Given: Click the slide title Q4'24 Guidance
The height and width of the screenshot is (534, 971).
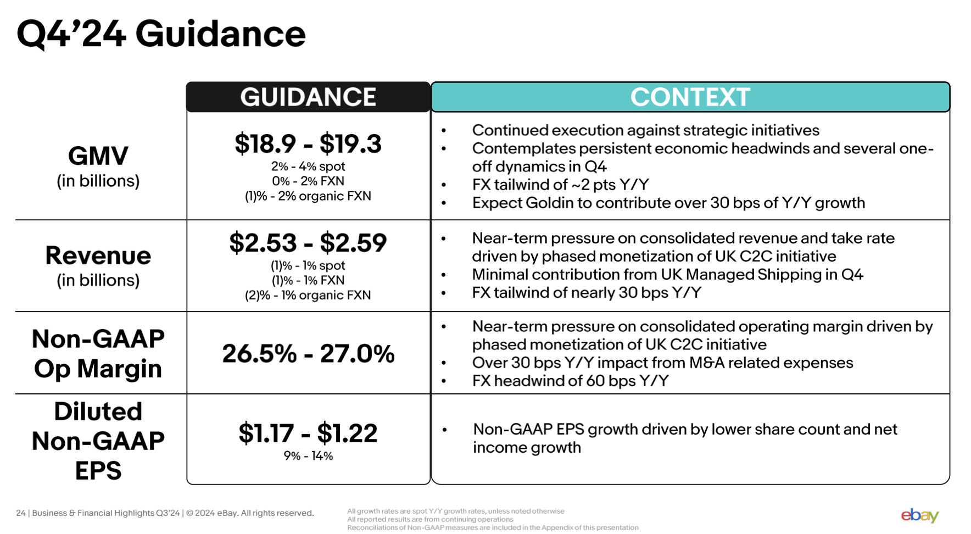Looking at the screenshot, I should point(161,34).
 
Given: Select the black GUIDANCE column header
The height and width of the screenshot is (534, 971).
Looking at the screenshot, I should point(308,97).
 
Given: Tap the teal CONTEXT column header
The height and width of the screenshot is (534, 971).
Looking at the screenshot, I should point(690,97).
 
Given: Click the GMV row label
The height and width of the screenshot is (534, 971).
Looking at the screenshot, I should point(98,157).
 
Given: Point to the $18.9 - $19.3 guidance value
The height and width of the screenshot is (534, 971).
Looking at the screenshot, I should point(308,144).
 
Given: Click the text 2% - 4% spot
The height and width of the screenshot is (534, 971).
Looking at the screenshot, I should point(308,166).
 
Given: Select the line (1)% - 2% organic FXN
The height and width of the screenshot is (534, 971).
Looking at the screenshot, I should point(308,196).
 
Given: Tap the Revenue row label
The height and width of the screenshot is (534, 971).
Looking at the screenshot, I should point(98,256).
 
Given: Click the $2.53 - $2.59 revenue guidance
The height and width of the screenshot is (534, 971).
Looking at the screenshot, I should point(308,243).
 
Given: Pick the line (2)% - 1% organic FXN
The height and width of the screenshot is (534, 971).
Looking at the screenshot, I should point(308,295).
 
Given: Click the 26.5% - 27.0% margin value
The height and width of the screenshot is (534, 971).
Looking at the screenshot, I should point(308,354).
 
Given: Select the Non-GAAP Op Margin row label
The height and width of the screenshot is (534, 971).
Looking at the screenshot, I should point(98,354).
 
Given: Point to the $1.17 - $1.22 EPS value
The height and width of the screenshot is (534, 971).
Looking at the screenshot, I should point(308,433).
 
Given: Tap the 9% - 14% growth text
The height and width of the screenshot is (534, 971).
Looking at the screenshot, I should point(308,456).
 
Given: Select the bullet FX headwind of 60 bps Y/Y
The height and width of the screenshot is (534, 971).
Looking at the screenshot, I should point(570,381).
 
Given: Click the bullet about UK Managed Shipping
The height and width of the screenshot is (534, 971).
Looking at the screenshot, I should point(667,275).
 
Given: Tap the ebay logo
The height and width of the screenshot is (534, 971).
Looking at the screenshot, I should point(919,515).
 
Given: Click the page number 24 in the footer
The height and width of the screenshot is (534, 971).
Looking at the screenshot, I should point(21,513).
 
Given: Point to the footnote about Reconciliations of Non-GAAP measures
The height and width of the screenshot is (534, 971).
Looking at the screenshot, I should point(493,527).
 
